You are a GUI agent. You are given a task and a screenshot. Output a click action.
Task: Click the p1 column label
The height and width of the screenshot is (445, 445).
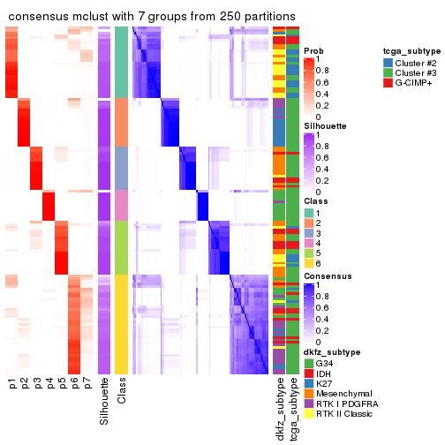click(12, 385)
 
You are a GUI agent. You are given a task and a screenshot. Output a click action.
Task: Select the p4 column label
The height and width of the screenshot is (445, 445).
click(49, 385)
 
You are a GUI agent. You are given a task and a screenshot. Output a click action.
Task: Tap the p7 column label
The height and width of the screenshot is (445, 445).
click(87, 385)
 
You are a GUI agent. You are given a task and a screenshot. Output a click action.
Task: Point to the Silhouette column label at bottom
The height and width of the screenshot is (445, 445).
click(104, 402)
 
